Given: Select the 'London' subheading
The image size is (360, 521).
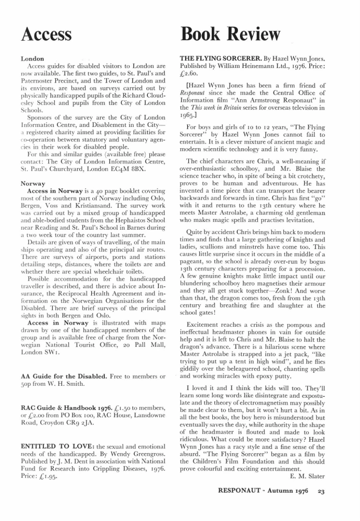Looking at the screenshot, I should click(32, 58).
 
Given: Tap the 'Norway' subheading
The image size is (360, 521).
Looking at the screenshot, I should click(32, 184).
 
